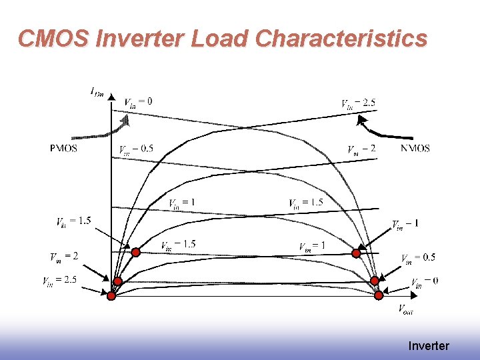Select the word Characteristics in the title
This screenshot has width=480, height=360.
tap(341, 39)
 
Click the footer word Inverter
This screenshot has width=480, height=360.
tap(429, 346)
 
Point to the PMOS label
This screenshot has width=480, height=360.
tap(63, 148)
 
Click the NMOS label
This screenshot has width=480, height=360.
tap(415, 148)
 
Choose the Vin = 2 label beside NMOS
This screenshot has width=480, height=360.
tap(362, 149)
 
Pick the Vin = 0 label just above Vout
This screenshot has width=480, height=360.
tap(425, 281)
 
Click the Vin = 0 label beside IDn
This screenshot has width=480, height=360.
tap(138, 101)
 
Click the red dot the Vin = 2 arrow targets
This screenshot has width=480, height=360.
tap(117, 281)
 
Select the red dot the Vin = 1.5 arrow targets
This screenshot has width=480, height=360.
tap(135, 252)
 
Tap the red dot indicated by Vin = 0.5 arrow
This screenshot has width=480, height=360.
tap(375, 280)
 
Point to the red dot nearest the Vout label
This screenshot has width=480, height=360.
tap(379, 295)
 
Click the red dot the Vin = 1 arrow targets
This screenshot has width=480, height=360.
tap(356, 253)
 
